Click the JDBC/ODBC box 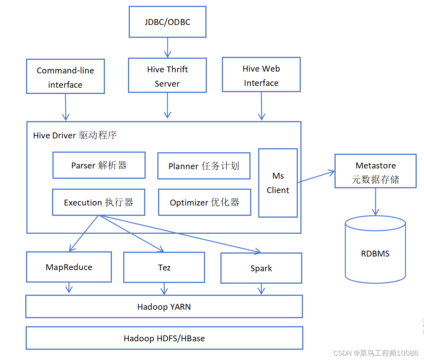coord(167,22)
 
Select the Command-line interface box coord(65,76)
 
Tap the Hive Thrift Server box coord(167,75)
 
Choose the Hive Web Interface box coord(261,74)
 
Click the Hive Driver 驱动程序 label coord(75,135)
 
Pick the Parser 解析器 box coord(99,165)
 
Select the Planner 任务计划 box coord(204,166)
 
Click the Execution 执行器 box coord(98,202)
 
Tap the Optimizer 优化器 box coord(204,202)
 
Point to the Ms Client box coord(278,183)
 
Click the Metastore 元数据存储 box coord(375,171)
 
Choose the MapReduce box coord(69,267)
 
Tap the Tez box coord(164,268)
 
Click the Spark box coord(261,268)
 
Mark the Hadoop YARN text coord(164,307)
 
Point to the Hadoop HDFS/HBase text coord(164,338)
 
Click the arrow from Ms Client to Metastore coord(316,177)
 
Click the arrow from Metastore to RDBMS coord(375,201)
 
